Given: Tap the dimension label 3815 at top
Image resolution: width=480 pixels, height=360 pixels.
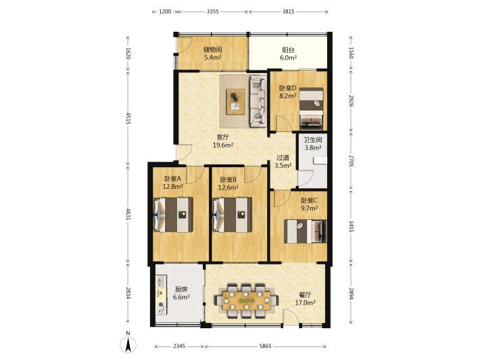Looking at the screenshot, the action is click(x=288, y=12).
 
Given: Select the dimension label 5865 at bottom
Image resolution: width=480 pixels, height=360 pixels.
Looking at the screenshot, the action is click(x=265, y=346).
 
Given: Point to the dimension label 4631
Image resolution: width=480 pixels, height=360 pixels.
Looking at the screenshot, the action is click(x=128, y=214).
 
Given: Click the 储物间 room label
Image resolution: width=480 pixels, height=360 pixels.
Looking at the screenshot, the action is click(x=212, y=49).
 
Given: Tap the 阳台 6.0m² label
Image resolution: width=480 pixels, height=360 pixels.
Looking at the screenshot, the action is click(x=289, y=53).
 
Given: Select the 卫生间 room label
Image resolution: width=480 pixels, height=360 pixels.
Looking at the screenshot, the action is click(x=312, y=140).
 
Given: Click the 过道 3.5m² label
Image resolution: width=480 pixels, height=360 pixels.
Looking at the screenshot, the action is click(x=283, y=162).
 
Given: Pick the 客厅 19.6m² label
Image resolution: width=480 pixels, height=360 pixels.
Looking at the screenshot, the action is click(x=223, y=141).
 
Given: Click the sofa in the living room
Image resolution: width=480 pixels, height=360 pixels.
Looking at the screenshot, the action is click(x=258, y=102).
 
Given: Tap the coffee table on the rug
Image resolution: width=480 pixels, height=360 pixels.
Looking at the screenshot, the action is click(x=235, y=102).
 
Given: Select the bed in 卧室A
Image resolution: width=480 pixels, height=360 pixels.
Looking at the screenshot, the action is click(x=173, y=215).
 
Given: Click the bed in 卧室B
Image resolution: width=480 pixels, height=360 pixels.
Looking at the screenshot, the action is click(x=232, y=215).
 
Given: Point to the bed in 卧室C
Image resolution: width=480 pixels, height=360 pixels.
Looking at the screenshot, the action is click(x=305, y=231).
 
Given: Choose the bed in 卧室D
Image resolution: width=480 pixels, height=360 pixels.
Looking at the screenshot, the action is click(x=311, y=107).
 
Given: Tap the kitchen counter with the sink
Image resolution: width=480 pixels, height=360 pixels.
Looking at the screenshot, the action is click(x=162, y=295).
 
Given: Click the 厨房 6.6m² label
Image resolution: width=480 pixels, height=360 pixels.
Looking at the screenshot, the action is click(x=181, y=293).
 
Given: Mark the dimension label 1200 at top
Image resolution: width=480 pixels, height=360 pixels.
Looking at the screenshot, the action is click(x=165, y=12).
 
